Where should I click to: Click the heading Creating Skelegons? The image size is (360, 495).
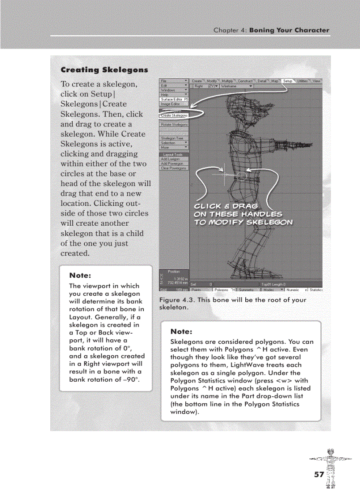tap(104, 70)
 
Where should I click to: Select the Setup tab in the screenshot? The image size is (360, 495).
tap(288, 81)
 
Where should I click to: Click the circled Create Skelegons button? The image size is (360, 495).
tap(174, 115)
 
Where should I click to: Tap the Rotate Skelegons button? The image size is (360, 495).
tap(174, 125)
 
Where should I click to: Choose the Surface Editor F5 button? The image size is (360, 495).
tap(174, 99)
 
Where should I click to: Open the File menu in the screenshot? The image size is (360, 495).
tap(174, 81)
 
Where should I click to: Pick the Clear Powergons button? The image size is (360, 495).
tap(174, 168)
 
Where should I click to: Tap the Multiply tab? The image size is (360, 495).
tap(228, 81)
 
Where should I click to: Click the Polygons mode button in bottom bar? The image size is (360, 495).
tap(224, 290)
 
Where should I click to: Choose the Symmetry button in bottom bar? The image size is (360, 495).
tap(248, 290)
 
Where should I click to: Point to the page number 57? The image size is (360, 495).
tap(319, 474)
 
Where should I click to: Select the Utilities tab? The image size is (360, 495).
tap(302, 81)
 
